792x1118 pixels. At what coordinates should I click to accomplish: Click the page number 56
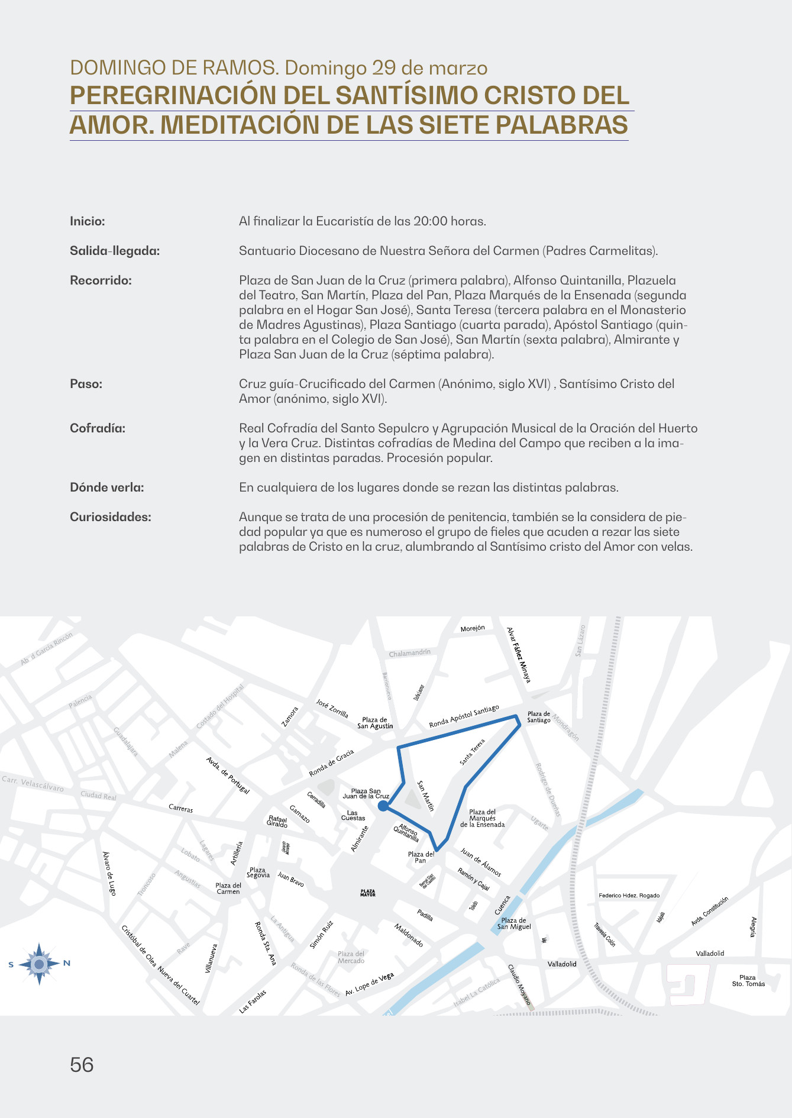tap(82, 1065)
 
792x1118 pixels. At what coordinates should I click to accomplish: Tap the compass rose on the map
tap(39, 964)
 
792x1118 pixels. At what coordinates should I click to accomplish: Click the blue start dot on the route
tap(383, 806)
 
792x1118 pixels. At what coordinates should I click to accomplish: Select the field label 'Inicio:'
tap(88, 221)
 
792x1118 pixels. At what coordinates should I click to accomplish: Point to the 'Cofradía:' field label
tap(98, 428)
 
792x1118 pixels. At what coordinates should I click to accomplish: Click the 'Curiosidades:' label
tap(111, 517)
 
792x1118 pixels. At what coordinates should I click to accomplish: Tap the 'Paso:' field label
tap(86, 384)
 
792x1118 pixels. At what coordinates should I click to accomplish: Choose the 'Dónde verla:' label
tap(107, 487)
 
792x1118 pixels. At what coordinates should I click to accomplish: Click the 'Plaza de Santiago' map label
tap(539, 717)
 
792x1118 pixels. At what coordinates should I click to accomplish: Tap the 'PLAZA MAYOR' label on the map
tap(368, 893)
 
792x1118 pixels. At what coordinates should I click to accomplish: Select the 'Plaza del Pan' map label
tap(421, 857)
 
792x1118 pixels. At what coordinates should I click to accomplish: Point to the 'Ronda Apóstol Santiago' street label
tap(464, 716)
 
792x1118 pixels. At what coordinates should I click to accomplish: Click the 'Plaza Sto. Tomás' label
tap(748, 981)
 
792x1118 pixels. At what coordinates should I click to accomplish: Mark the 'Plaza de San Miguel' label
tap(513, 923)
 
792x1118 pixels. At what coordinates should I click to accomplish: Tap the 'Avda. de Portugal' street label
tap(228, 775)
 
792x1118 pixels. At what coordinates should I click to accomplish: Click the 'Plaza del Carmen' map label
tap(228, 888)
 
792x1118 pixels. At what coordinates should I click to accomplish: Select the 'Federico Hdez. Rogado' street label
tap(629, 896)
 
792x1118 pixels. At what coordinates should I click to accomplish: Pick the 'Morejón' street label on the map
tap(473, 628)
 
